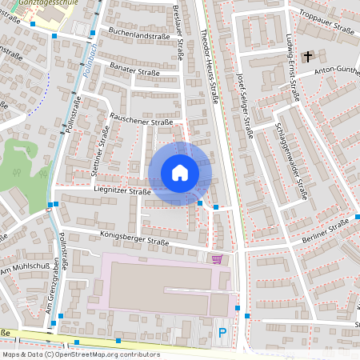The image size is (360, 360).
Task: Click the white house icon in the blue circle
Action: point(180,173)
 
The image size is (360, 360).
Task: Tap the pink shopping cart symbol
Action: point(218,258)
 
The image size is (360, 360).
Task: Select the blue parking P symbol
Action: point(222,331)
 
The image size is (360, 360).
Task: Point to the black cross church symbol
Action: point(309,56)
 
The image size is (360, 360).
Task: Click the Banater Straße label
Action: point(135,70)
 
